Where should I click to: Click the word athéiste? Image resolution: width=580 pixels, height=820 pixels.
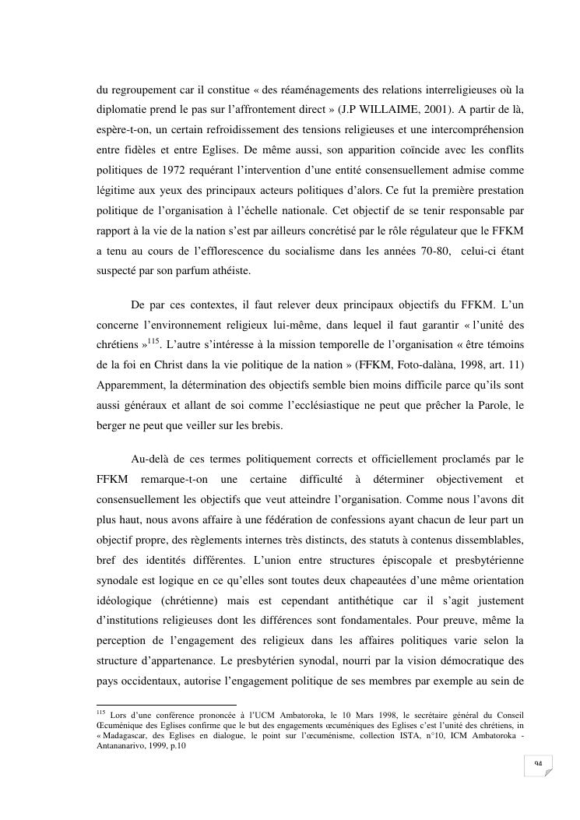pyautogui.click(x=234, y=270)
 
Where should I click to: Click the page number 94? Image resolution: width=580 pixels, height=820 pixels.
pyautogui.click(x=537, y=765)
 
